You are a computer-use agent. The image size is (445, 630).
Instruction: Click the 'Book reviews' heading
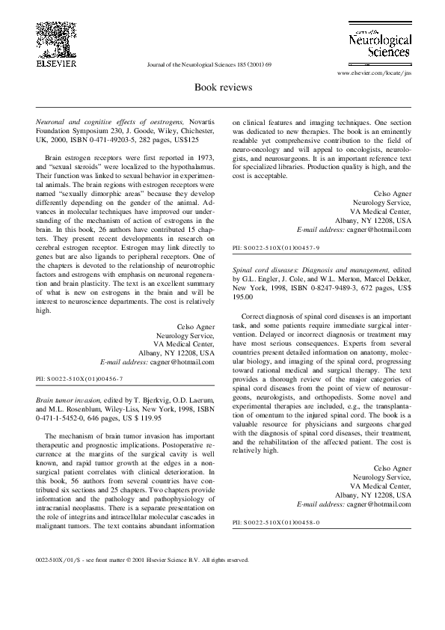coord(223,87)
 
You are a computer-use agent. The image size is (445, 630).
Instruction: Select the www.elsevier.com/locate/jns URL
coord(374,73)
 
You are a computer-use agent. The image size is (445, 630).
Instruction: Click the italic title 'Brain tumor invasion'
coord(69,400)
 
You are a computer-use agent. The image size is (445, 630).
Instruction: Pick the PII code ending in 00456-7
coord(79,380)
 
